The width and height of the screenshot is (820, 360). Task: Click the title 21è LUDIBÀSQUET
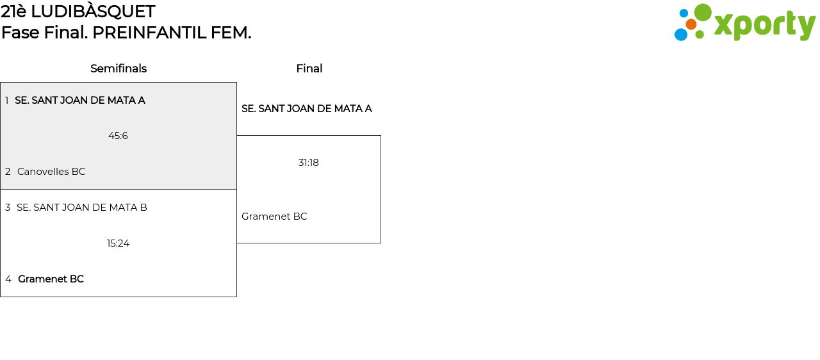78,12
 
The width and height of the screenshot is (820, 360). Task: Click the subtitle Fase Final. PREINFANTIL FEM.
126,33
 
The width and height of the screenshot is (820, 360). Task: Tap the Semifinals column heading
119,69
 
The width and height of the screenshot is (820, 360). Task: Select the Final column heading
309,69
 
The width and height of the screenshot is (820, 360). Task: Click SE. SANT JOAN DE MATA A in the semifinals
80,101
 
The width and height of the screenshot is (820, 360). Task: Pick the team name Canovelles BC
51,172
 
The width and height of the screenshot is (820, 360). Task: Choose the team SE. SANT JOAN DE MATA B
82,208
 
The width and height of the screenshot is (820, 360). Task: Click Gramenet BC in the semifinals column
51,279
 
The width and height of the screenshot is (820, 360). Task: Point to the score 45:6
118,136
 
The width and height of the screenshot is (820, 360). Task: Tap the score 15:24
119,243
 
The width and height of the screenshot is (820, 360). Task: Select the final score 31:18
308,163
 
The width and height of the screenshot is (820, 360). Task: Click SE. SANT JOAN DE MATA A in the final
306,109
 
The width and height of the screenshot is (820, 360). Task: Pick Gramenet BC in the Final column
274,217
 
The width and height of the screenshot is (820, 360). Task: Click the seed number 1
7,101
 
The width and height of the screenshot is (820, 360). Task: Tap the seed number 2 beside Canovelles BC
8,172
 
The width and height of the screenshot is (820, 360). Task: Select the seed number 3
8,208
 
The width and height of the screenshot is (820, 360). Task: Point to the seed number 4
8,279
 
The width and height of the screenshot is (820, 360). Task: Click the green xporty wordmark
764,25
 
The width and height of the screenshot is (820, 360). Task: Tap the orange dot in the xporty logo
691,24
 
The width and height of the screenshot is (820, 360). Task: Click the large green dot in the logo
703,12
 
